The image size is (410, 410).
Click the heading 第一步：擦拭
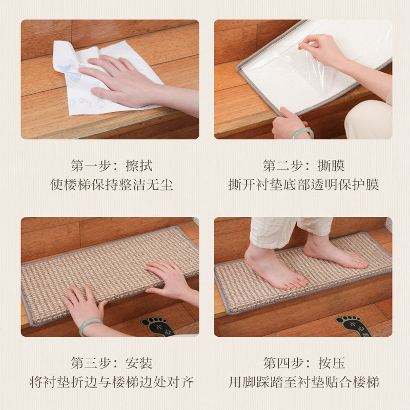tap(112, 166)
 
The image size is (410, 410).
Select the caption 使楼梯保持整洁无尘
tap(112, 184)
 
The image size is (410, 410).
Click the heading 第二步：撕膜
tap(303, 166)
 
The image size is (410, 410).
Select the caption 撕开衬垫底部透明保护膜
tap(303, 184)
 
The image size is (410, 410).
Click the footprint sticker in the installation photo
tap(156, 326)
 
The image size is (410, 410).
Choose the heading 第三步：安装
tap(112, 363)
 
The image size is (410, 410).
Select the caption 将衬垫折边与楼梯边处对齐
tap(112, 382)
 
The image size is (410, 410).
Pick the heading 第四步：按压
tap(303, 363)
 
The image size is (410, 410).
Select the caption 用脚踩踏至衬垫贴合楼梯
tap(303, 382)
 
